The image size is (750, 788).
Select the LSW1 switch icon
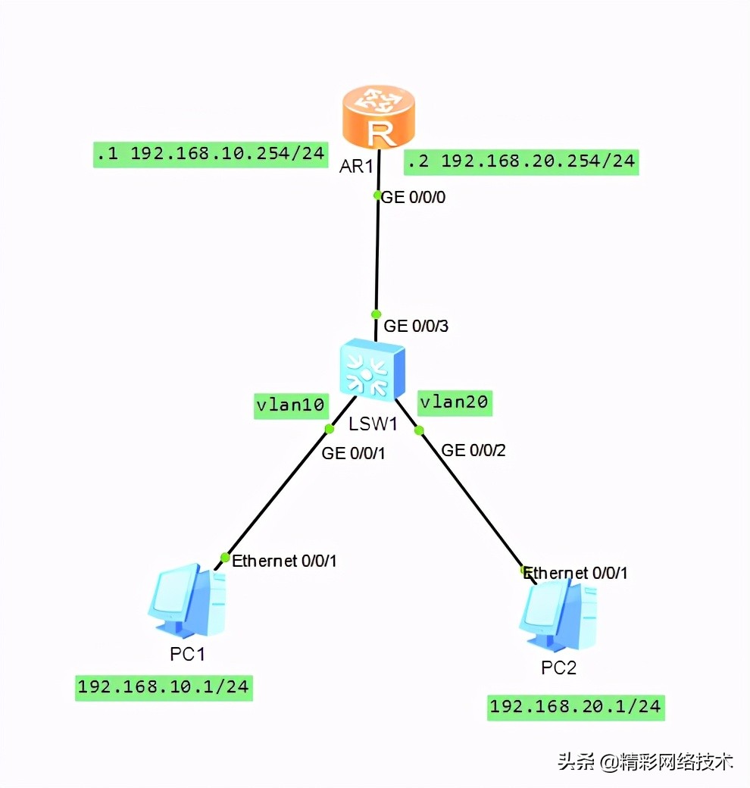[372, 369]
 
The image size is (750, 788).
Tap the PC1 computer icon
[186, 602]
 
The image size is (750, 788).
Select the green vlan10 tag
[290, 405]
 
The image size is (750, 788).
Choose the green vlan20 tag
[454, 402]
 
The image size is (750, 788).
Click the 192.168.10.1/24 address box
[164, 687]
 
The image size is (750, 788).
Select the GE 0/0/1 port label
[354, 453]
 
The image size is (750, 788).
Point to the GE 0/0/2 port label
[473, 451]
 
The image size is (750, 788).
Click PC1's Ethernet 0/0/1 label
[284, 561]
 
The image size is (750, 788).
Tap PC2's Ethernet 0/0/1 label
[576, 573]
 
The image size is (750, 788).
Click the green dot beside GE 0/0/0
[377, 195]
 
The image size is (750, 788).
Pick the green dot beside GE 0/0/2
[418, 430]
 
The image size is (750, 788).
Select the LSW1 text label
[373, 424]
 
